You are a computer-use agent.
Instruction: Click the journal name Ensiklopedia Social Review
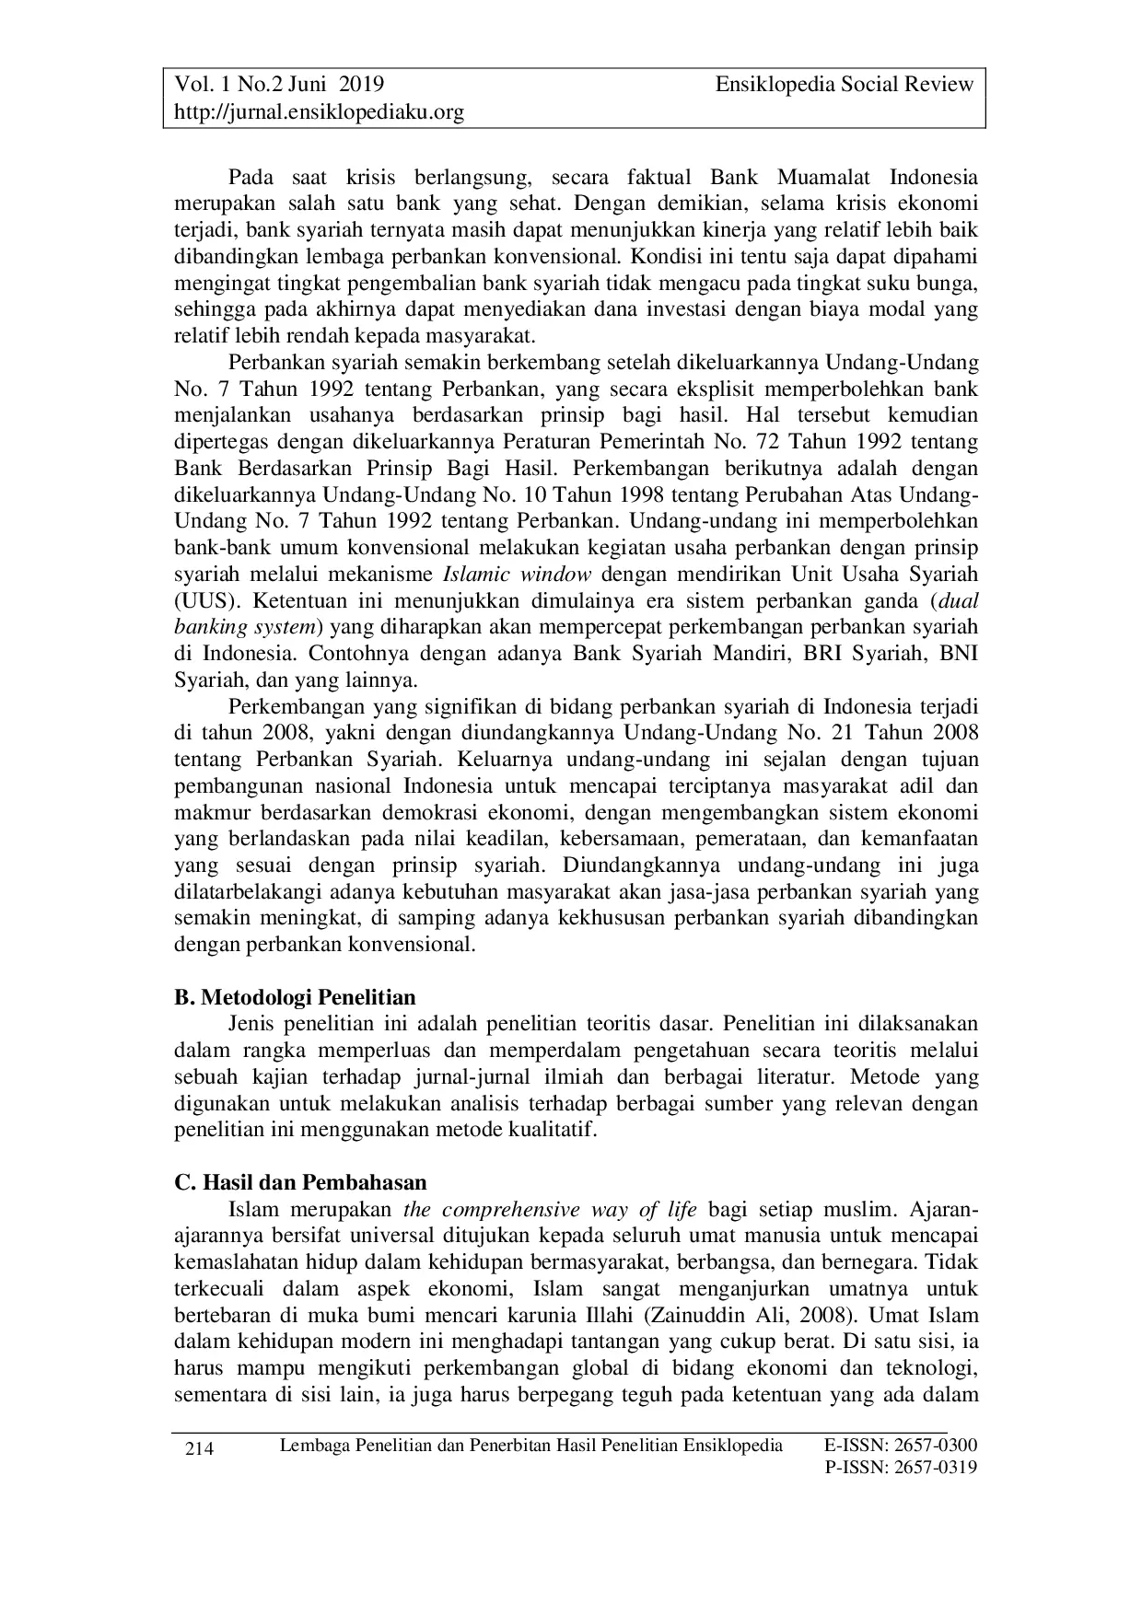844,85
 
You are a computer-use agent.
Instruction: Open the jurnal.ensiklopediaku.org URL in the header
319,112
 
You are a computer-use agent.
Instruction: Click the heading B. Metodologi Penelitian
295,997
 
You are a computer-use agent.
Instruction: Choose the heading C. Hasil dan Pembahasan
300,1182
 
